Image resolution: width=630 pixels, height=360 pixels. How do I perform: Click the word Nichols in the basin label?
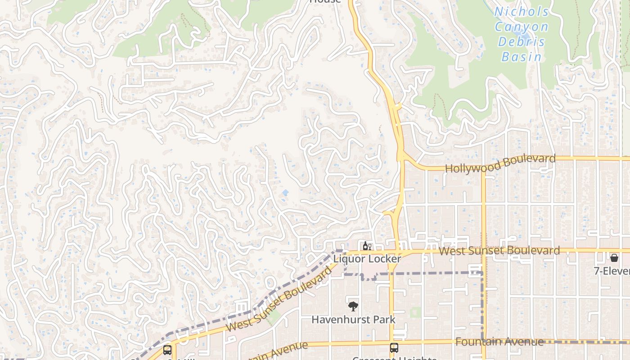point(522,11)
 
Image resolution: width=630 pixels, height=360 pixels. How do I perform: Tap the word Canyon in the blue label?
point(522,27)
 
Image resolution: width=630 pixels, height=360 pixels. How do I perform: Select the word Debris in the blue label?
point(522,42)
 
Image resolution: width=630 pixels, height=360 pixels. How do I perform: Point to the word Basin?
point(522,57)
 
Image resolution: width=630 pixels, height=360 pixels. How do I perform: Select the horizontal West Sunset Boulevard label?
point(499,251)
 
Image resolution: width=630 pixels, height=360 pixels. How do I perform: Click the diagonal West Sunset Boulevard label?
point(279,299)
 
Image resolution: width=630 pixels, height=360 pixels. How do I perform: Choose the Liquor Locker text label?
point(367,259)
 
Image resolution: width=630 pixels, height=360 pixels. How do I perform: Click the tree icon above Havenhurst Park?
point(353,306)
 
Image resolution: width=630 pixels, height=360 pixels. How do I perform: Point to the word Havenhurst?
point(337,319)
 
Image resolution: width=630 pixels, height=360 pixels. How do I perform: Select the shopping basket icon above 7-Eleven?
point(614,258)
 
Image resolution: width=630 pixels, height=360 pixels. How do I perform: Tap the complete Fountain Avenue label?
point(499,342)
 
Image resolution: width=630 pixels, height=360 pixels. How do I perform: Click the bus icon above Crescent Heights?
point(394,347)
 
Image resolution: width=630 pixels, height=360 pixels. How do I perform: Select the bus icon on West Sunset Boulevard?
point(167,350)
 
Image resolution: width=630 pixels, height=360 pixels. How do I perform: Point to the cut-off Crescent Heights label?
point(394,358)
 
